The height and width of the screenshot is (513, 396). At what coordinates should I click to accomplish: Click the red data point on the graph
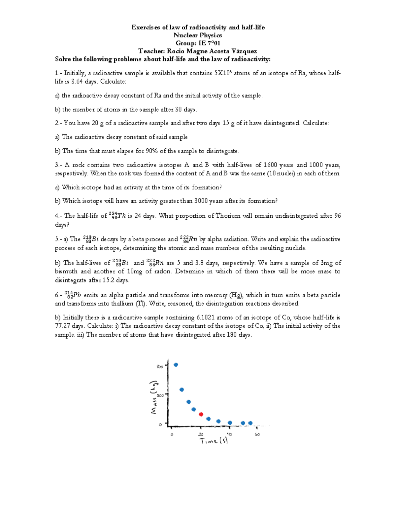[201, 414]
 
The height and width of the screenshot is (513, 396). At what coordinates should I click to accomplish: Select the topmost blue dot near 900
[176, 365]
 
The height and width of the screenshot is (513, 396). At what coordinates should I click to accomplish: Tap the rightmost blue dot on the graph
[250, 423]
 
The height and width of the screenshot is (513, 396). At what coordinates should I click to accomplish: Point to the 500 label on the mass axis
[160, 395]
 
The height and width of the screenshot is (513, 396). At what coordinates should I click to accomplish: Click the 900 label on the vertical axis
[160, 366]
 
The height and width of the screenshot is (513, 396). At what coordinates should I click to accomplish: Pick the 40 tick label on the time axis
[229, 434]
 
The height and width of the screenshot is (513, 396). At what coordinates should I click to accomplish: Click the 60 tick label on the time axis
[257, 434]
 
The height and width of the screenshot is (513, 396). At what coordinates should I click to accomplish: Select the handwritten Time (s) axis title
[214, 441]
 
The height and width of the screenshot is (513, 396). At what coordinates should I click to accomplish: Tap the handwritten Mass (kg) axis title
[154, 397]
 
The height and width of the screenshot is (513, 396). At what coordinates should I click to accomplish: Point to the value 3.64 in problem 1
[77, 82]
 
